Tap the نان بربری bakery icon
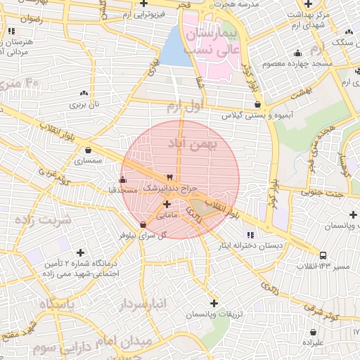pyautogui.click(x=85, y=93)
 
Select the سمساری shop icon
pyautogui.click(x=88, y=150)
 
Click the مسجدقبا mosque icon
pyautogui.click(x=124, y=179)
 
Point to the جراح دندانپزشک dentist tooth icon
pyautogui.click(x=169, y=177)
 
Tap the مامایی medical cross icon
pyautogui.click(x=166, y=205)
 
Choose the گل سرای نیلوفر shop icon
pyautogui.click(x=143, y=225)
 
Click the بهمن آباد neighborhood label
pyautogui.click(x=193, y=143)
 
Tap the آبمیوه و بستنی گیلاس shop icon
pyautogui.click(x=259, y=104)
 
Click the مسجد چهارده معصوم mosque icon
pyautogui.click(x=298, y=53)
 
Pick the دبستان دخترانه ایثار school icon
pyautogui.click(x=250, y=234)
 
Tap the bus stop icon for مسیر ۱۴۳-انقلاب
pyautogui.click(x=323, y=255)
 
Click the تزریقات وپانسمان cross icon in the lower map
pyautogui.click(x=214, y=303)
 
